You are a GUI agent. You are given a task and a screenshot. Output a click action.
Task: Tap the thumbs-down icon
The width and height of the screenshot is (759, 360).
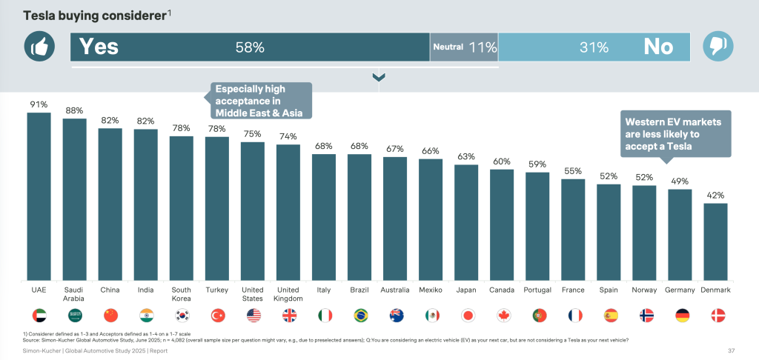coord(717,47)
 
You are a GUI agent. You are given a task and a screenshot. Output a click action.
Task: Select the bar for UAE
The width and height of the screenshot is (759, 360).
coord(39,196)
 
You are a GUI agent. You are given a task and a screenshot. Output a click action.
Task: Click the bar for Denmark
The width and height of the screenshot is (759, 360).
coord(715,241)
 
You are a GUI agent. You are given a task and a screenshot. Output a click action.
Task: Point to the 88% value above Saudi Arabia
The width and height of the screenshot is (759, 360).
coord(74,110)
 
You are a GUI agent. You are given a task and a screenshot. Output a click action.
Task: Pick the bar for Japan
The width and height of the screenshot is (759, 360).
coord(466,222)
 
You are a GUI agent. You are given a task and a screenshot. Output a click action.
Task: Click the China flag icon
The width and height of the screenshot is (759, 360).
coord(110,315)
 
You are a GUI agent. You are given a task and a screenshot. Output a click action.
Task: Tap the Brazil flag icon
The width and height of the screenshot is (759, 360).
coord(359,315)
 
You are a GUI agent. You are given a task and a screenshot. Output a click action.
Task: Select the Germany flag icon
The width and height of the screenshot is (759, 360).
coord(680,315)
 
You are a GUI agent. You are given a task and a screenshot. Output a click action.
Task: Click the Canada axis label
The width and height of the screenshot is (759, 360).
coord(502,290)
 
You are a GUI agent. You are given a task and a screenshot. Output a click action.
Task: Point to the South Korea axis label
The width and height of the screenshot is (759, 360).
coord(181,293)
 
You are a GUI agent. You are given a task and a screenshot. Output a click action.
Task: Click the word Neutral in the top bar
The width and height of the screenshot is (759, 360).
coord(448,47)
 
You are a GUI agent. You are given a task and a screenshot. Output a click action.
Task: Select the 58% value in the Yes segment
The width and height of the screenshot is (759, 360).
coord(250,47)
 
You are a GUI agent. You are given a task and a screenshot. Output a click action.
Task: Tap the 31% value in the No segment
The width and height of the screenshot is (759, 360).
coord(594,47)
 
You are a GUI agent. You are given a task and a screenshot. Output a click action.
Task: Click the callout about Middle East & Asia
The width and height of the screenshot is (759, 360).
coord(259,100)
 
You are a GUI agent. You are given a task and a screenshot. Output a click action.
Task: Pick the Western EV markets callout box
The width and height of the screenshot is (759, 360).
coord(676,133)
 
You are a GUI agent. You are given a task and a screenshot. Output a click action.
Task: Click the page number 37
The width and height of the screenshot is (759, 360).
coord(732,350)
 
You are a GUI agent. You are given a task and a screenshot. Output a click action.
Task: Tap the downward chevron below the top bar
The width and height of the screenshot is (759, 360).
coord(379,77)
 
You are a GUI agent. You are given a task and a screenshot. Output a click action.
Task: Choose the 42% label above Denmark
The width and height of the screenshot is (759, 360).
coord(715,196)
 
